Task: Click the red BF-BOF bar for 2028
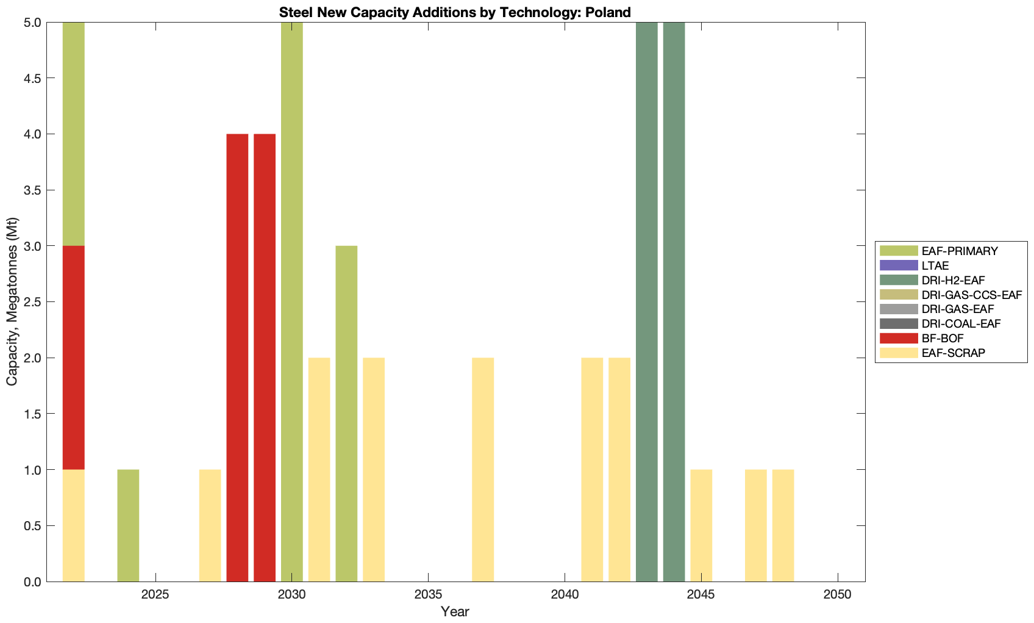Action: click(x=237, y=358)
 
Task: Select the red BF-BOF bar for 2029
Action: click(x=265, y=358)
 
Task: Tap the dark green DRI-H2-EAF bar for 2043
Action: click(x=647, y=302)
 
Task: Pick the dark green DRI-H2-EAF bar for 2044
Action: click(x=674, y=302)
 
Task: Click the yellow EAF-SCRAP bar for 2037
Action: click(x=483, y=469)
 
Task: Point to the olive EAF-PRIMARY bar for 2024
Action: click(x=128, y=525)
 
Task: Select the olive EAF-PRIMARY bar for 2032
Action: click(x=346, y=414)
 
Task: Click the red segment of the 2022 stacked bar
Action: click(x=74, y=358)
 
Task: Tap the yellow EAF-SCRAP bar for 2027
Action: click(x=210, y=525)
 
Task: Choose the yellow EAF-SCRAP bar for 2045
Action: click(x=701, y=525)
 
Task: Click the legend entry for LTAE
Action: click(x=935, y=265)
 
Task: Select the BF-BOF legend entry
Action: click(x=943, y=338)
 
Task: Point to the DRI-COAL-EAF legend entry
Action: click(x=961, y=323)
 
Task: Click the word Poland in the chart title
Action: click(x=608, y=12)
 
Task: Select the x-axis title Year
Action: click(x=455, y=611)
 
